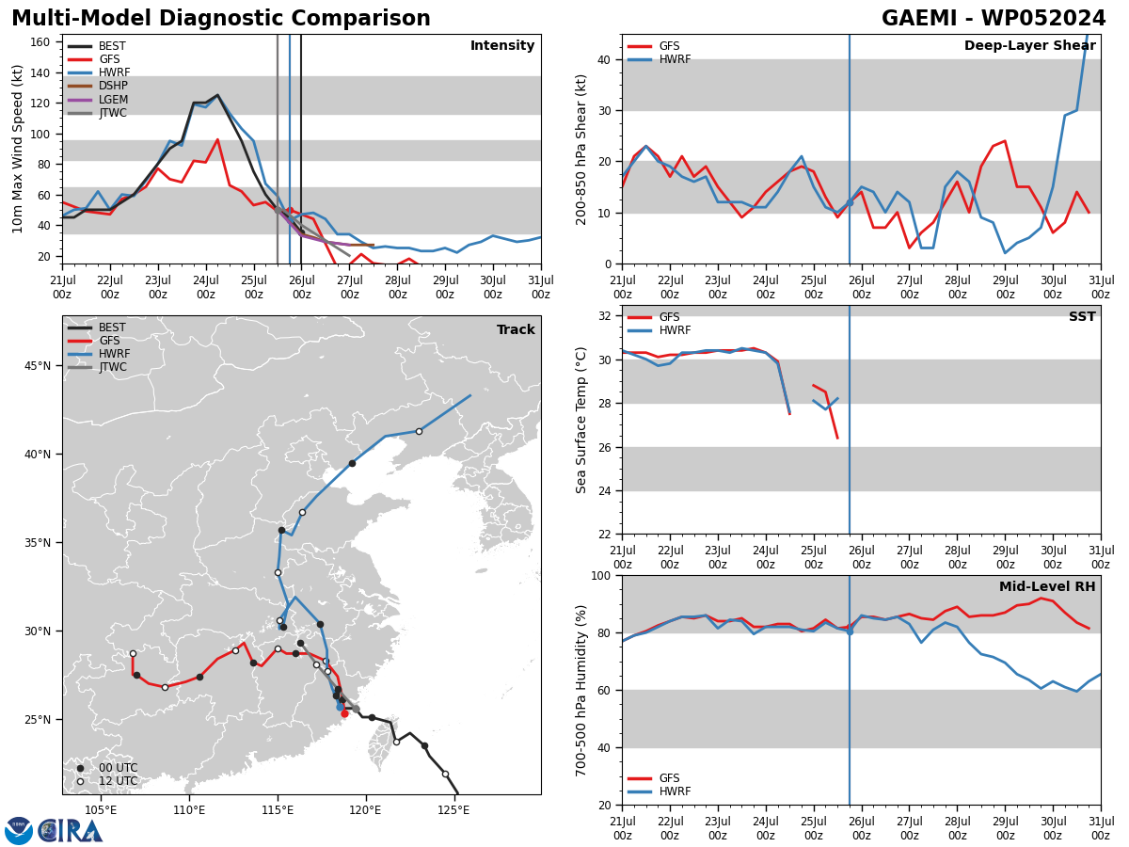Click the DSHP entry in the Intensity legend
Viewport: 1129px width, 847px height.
point(98,86)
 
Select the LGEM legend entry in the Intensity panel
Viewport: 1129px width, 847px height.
point(98,99)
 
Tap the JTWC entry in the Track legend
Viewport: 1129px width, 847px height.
point(97,367)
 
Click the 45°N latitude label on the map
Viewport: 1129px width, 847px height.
point(38,366)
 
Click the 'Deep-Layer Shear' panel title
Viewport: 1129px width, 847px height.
point(1029,45)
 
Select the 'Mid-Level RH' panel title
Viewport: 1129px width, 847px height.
point(1047,586)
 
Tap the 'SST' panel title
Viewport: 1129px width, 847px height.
point(1082,316)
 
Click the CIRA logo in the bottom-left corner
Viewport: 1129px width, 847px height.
point(54,830)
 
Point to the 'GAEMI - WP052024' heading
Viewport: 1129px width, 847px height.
point(994,18)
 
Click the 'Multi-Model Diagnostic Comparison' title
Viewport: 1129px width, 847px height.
point(221,18)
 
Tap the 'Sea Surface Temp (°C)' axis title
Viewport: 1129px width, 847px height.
point(580,420)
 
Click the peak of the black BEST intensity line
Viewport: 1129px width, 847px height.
point(217,95)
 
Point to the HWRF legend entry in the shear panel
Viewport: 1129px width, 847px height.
point(660,59)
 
